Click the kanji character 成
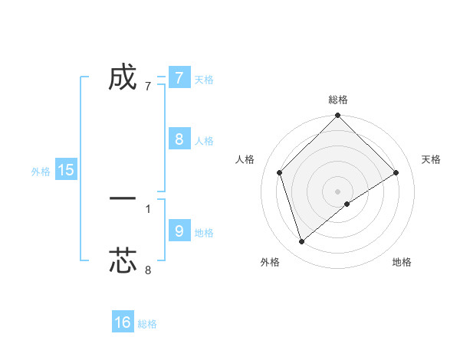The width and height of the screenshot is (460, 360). coord(123,77)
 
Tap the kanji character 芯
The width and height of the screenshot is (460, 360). coord(123,260)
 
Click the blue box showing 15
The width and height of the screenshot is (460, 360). coord(66,170)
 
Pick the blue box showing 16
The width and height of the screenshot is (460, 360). coord(123,322)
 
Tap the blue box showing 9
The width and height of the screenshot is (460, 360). coord(179,231)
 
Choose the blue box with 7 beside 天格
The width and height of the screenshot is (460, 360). coord(179,77)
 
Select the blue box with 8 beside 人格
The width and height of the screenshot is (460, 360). coord(179,139)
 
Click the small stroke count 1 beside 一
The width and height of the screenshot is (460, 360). coord(148,208)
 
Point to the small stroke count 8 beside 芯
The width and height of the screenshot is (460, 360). coord(148,270)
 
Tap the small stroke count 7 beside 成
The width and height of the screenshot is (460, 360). coord(148,87)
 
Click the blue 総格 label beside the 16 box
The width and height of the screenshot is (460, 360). coord(147,324)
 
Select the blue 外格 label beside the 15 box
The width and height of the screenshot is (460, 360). coord(41,172)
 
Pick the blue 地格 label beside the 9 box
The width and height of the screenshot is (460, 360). coord(204,232)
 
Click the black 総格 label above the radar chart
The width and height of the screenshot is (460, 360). coord(338,100)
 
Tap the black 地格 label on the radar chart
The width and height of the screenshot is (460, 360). coord(402,263)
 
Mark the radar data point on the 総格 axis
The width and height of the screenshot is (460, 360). coord(338,116)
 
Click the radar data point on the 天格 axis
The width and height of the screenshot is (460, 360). coord(396,172)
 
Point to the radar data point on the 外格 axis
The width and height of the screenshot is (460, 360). coord(301,242)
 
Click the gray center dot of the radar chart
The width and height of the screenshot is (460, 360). coord(338,191)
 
